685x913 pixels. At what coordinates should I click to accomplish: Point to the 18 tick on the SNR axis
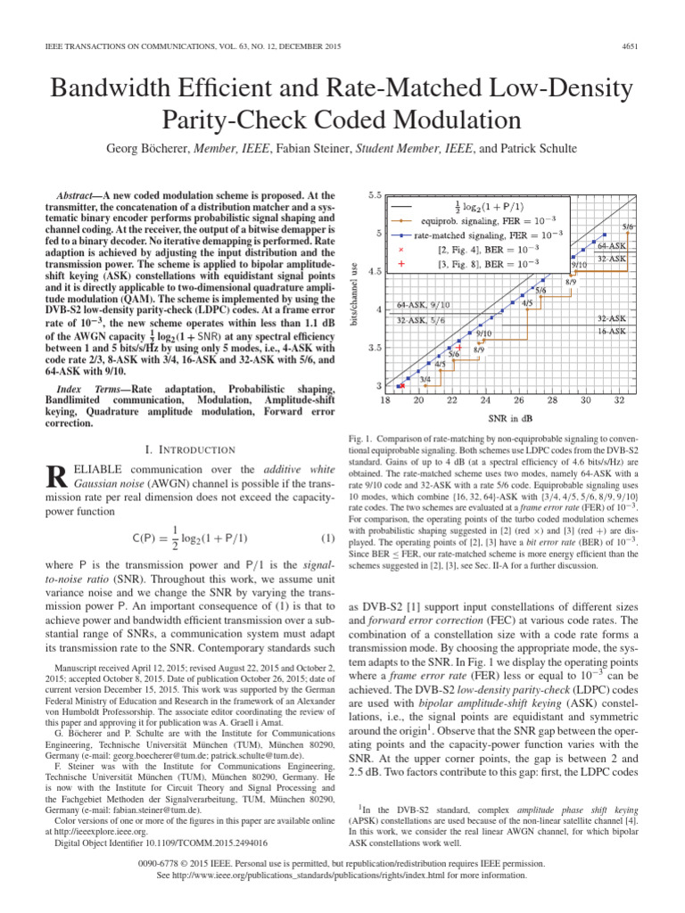[x=385, y=402]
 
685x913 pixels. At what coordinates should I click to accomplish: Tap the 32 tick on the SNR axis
[x=618, y=402]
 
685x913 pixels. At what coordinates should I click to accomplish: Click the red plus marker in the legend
[x=401, y=264]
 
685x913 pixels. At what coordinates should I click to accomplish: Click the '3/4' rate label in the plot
[x=425, y=378]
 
